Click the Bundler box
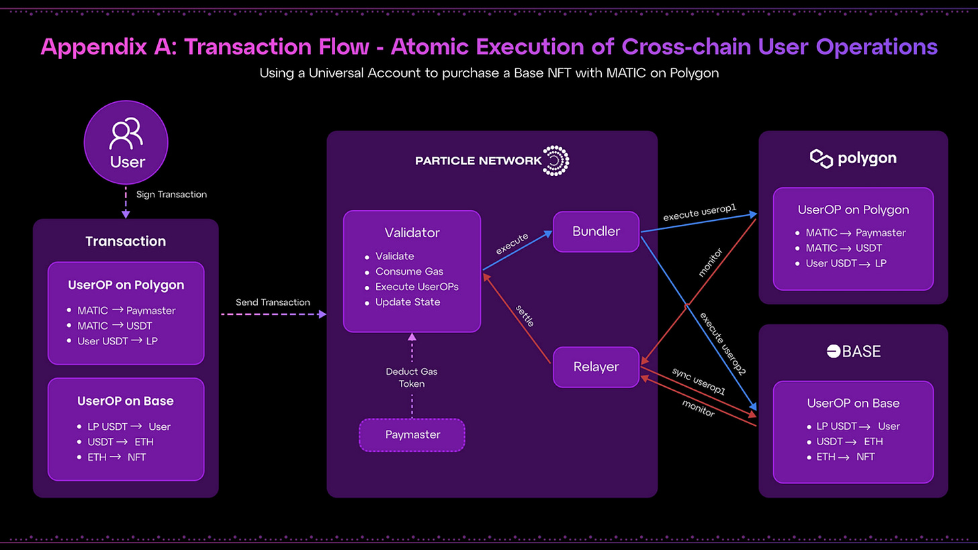click(x=596, y=231)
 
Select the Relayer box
click(x=596, y=367)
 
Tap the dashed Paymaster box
click(x=412, y=434)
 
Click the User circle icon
click(x=126, y=142)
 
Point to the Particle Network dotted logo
click(x=555, y=161)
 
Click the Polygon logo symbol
click(x=821, y=159)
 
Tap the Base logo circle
click(x=833, y=351)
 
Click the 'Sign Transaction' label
click(x=171, y=194)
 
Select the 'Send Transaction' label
click(x=273, y=302)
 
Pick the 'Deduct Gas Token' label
click(x=412, y=377)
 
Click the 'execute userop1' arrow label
click(x=699, y=213)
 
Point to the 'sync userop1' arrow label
click(x=699, y=381)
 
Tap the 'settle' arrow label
click(x=525, y=316)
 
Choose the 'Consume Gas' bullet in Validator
click(x=409, y=271)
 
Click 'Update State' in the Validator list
click(x=408, y=302)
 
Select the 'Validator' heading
click(x=412, y=232)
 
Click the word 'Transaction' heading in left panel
click(x=126, y=241)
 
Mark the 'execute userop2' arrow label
click(x=723, y=344)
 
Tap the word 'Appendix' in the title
click(x=93, y=47)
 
